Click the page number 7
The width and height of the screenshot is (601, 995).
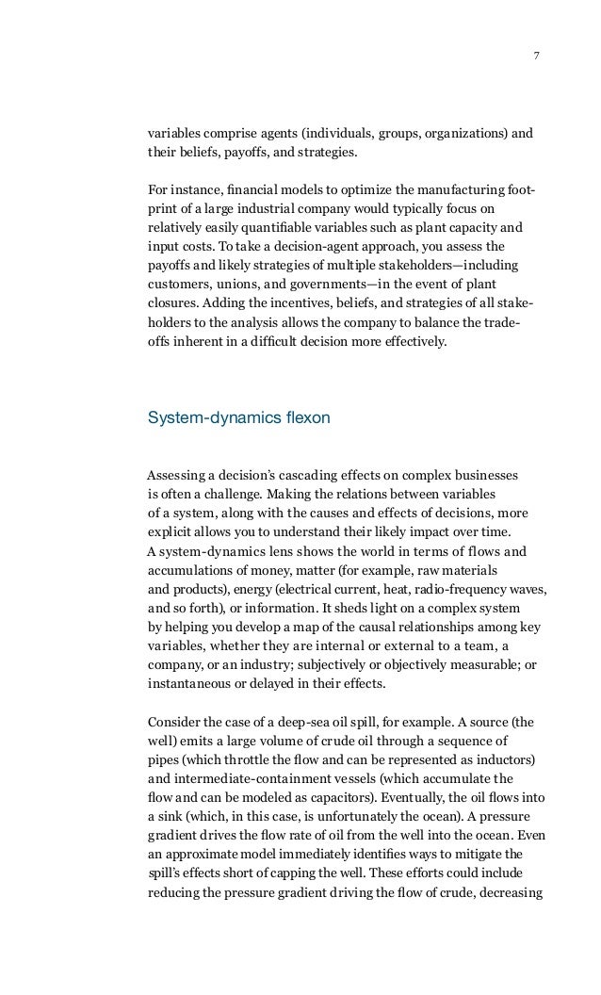pos(536,55)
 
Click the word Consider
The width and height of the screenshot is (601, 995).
pos(176,723)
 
